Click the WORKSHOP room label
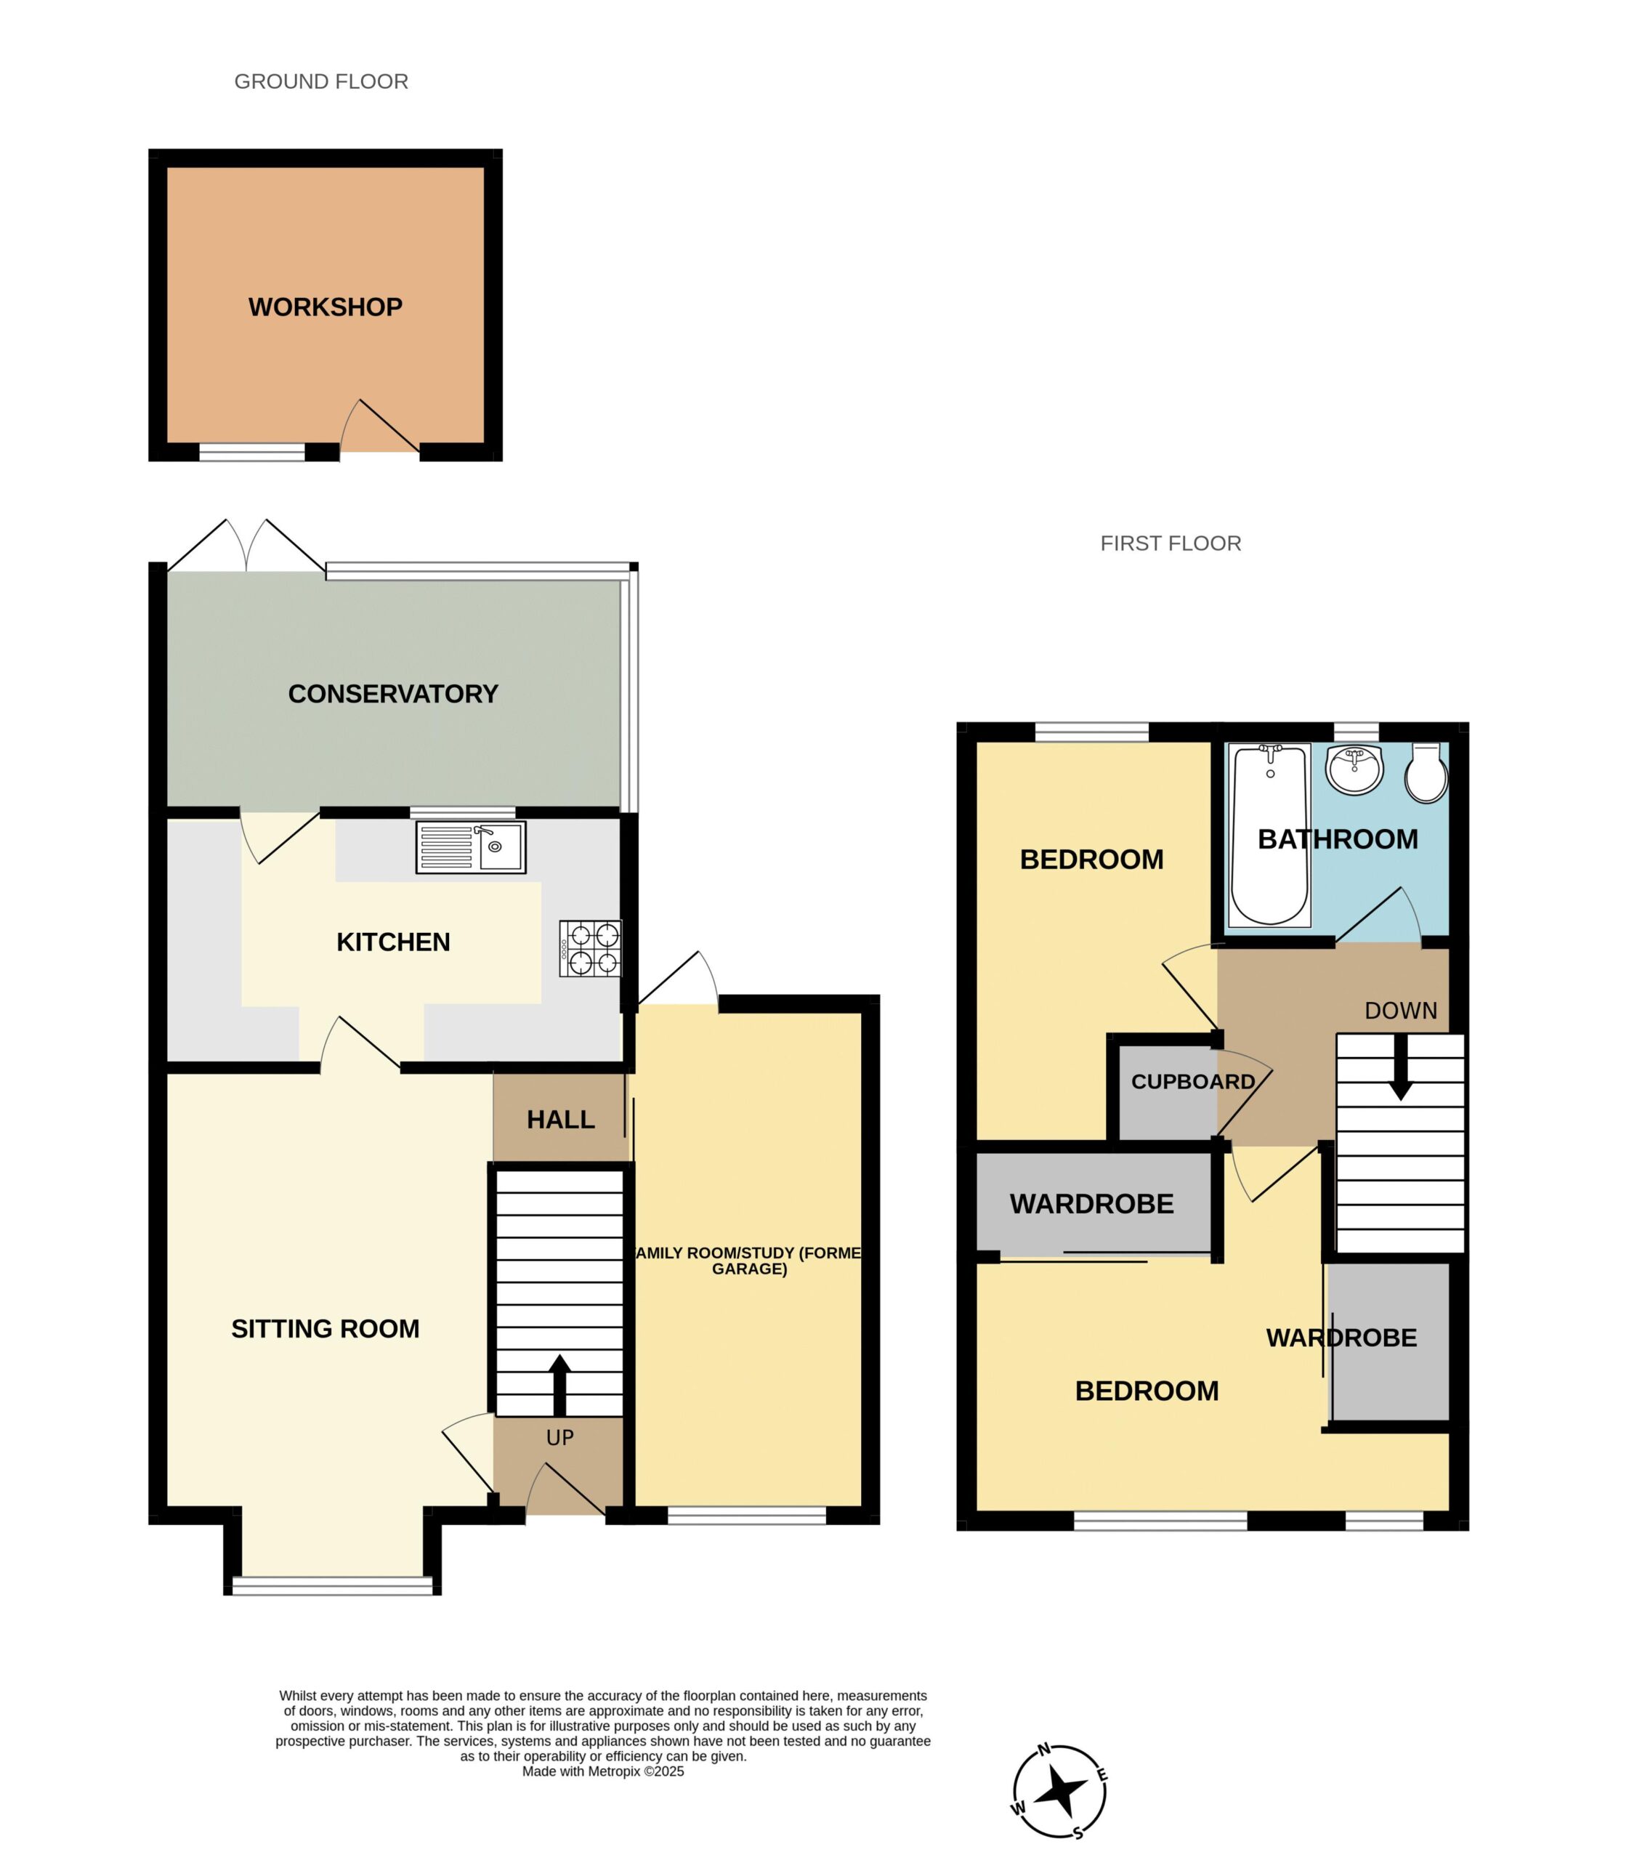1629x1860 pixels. point(326,307)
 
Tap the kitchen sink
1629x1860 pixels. point(471,847)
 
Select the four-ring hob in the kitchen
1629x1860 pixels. point(590,949)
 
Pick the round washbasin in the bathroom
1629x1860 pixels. point(1354,769)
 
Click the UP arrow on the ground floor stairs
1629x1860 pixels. point(560,1385)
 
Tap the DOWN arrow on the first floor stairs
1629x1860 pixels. point(1401,1067)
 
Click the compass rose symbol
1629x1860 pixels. point(1060,1791)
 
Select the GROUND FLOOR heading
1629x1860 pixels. point(322,82)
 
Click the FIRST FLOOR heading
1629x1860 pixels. point(1171,543)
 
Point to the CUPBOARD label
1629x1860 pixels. point(1192,1082)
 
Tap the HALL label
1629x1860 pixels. point(561,1120)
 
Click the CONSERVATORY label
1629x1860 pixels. point(394,695)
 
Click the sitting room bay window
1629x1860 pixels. point(333,1585)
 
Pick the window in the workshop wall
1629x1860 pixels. point(252,452)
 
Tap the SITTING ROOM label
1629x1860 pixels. point(326,1329)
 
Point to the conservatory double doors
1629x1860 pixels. point(246,546)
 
